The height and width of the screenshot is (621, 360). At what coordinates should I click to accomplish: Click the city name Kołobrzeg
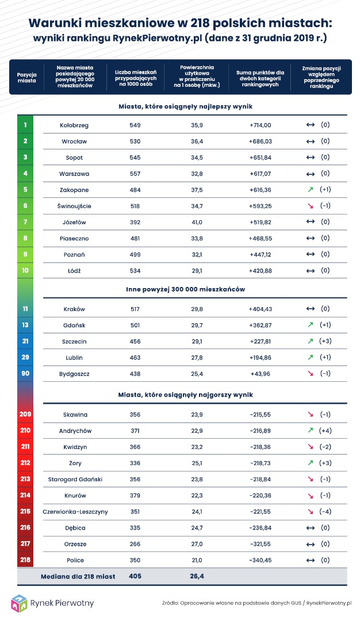74,125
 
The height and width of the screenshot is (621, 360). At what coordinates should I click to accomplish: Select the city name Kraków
74,309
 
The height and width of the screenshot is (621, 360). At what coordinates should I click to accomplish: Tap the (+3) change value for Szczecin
325,341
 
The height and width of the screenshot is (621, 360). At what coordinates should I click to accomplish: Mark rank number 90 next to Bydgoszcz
25,374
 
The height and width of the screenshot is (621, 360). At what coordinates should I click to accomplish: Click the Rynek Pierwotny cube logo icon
20,603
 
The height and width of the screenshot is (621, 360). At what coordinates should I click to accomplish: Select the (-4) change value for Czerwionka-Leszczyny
325,511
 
